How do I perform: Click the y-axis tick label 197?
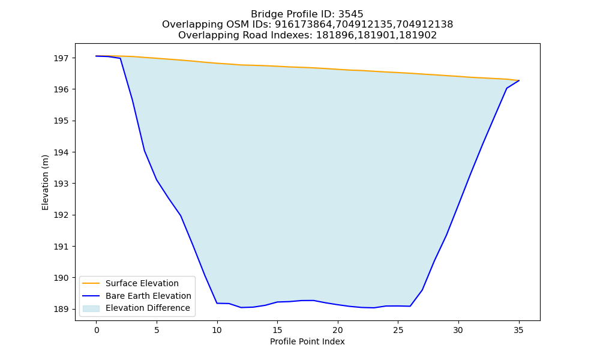[x=60, y=58]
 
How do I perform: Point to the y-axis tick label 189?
[x=60, y=309]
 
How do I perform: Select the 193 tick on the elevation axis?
[x=60, y=184]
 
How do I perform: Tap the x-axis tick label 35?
[x=518, y=330]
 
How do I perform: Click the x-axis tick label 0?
[x=97, y=330]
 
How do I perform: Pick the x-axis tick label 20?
[x=337, y=330]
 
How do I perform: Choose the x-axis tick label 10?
[x=217, y=330]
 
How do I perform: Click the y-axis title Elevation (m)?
[x=45, y=182]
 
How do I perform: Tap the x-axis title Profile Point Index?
[x=307, y=341]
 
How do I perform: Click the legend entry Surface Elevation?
[x=142, y=283]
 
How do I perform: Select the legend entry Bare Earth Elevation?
[x=148, y=296]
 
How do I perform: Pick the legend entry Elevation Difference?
[x=148, y=308]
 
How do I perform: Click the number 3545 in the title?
[x=351, y=14]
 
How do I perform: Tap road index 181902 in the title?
[x=418, y=35]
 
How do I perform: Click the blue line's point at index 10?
[x=217, y=304]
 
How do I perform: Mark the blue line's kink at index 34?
[x=506, y=88]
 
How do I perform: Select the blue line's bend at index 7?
[x=181, y=216]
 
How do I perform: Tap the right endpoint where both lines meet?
[x=519, y=80]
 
